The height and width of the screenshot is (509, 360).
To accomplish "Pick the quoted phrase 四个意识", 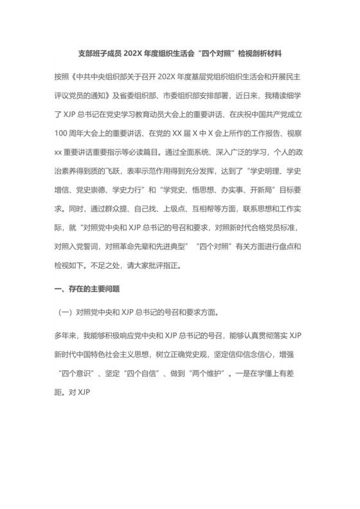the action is (80, 371).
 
